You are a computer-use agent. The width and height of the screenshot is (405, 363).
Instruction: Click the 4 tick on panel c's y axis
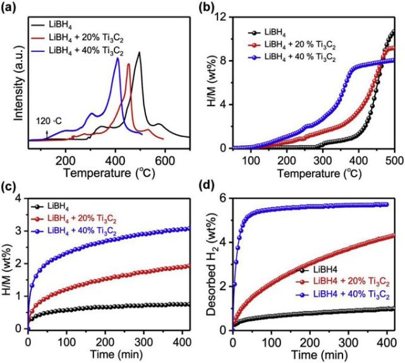[19, 198]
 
